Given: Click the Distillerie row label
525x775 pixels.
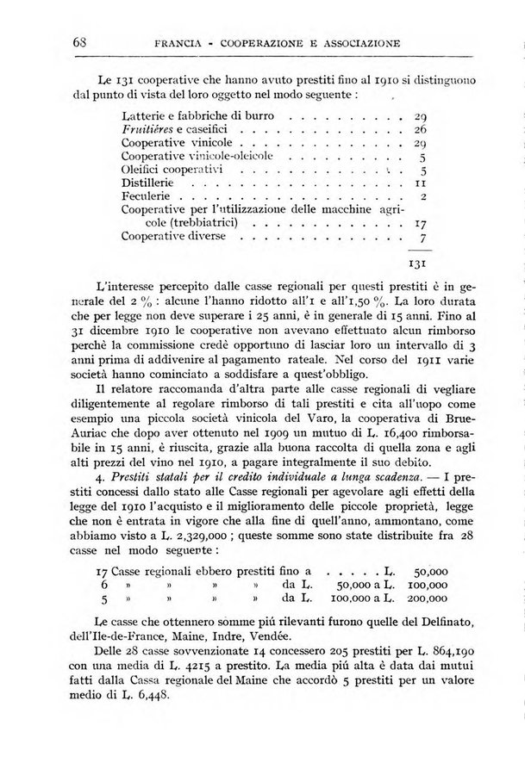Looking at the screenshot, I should tap(147, 184).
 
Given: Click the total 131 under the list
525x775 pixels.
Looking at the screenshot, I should tap(416, 259).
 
